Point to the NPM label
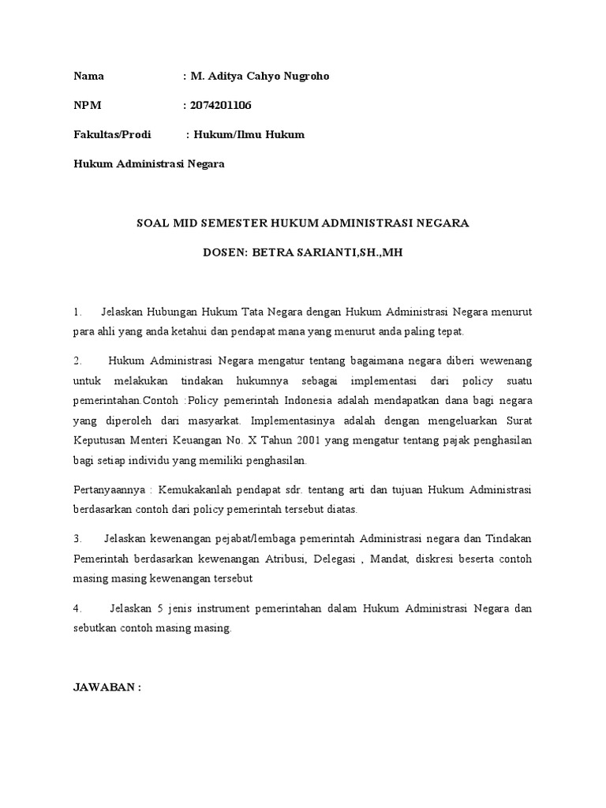(x=88, y=106)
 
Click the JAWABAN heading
(x=107, y=687)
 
